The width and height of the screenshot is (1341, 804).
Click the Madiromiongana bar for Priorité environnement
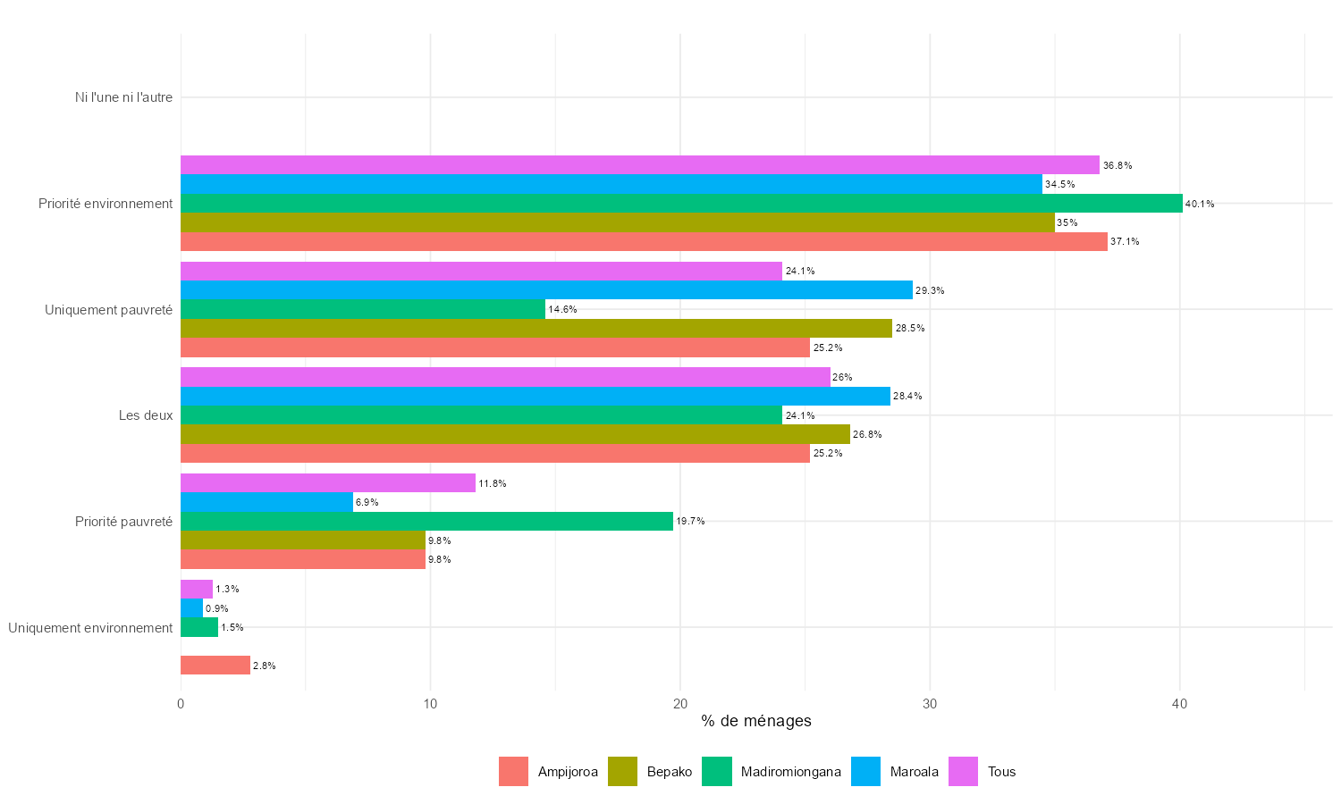tap(681, 204)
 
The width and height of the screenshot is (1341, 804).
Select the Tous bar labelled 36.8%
tap(640, 165)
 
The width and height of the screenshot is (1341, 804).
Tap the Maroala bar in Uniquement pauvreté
tap(546, 290)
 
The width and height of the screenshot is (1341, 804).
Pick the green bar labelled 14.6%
tap(363, 309)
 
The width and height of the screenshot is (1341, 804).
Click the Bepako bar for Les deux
tap(515, 434)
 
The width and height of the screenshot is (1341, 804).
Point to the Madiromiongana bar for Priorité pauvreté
tap(426, 522)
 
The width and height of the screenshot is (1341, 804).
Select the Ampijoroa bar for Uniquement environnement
tap(215, 666)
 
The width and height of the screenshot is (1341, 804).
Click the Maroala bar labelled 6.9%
tap(266, 502)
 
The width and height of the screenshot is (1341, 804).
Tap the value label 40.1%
tap(1200, 205)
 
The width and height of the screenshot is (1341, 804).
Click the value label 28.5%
tap(910, 329)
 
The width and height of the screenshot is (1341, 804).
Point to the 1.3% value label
tap(227, 590)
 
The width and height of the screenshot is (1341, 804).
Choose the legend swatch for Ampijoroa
tap(514, 772)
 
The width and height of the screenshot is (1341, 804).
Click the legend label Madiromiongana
tap(790, 772)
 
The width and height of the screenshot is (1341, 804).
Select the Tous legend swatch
tap(964, 772)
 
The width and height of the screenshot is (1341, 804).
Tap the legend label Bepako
tap(670, 772)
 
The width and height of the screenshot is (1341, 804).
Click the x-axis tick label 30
tap(930, 705)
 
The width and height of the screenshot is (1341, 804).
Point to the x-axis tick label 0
tap(181, 705)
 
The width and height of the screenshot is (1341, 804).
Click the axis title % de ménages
tap(756, 721)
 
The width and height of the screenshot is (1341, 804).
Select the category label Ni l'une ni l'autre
tap(123, 97)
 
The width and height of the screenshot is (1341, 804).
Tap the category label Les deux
tap(146, 415)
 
